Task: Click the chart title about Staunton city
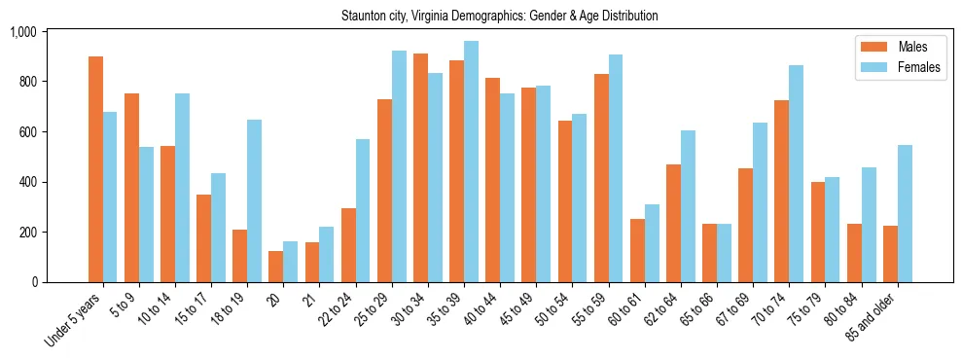pos(500,17)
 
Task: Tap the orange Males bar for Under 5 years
pos(95,169)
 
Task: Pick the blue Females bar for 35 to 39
pos(471,162)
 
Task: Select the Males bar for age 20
pos(276,267)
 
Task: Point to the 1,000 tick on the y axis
pos(22,32)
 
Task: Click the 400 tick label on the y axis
pos(26,182)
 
